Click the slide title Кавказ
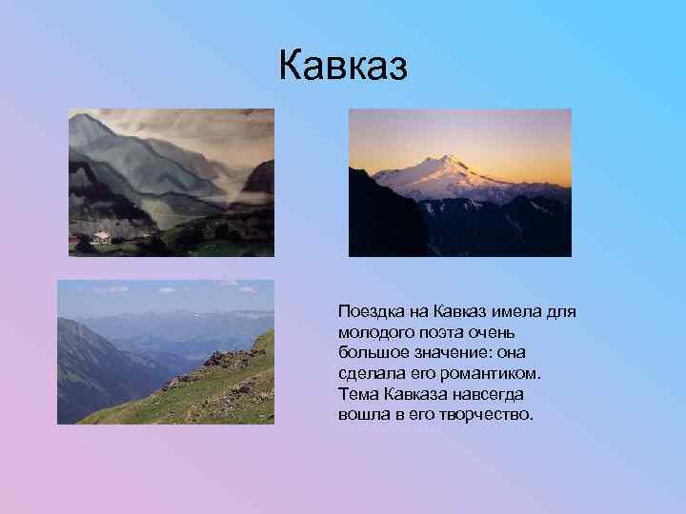point(343,67)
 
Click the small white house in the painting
point(99,236)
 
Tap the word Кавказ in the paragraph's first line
point(461,311)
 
